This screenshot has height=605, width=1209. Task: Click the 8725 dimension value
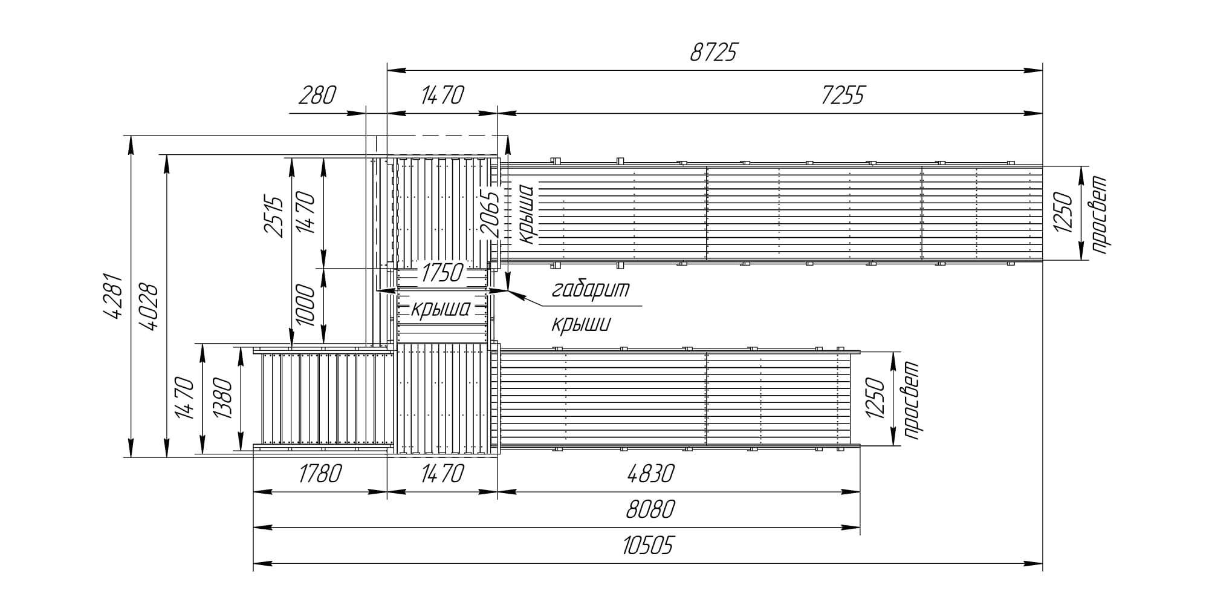[x=714, y=53]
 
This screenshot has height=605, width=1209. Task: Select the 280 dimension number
[x=317, y=96]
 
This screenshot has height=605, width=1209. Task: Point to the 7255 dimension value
[x=843, y=96]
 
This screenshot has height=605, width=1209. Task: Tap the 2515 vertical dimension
[x=274, y=217]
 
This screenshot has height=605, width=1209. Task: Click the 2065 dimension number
[x=490, y=214]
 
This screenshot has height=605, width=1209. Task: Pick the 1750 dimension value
[x=442, y=273]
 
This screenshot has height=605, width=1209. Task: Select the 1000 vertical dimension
[x=306, y=306]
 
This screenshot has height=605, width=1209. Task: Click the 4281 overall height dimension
[x=114, y=296]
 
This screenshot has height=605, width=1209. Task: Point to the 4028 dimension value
[x=148, y=307]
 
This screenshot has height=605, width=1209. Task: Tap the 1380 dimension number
[x=222, y=399]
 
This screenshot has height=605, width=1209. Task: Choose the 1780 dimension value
[x=320, y=473]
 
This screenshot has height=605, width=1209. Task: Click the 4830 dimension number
[x=650, y=473]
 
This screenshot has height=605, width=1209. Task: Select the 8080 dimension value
[x=650, y=509]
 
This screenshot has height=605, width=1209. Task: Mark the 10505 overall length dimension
[x=647, y=546]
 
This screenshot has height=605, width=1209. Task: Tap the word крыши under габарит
[x=581, y=324]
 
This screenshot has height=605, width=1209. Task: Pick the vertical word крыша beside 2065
[x=526, y=214]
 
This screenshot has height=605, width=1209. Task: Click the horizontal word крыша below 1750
[x=441, y=309]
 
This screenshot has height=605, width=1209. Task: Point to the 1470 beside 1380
[x=184, y=399]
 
